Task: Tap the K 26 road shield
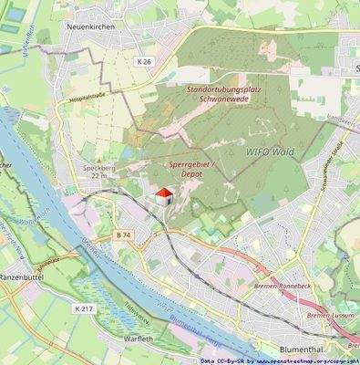(x=144, y=62)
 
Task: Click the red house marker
(x=164, y=195)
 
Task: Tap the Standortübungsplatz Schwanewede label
(x=227, y=96)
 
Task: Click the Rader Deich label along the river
(x=92, y=233)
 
